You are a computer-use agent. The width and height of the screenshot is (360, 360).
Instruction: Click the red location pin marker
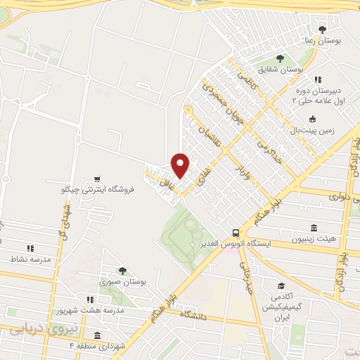181,165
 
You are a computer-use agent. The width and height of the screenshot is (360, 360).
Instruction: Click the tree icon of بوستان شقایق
280,58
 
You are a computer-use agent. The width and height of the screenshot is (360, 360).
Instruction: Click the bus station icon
236,232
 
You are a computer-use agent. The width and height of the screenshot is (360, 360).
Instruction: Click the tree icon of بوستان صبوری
123,270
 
